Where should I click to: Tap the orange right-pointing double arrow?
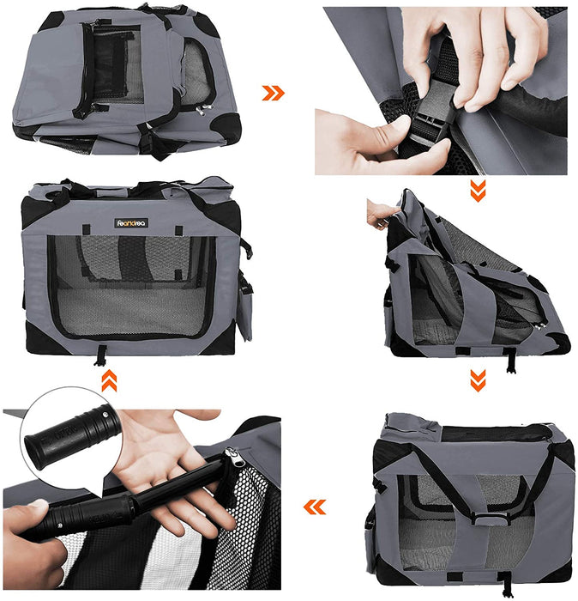coord(273,93)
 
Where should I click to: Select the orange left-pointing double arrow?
coord(315,507)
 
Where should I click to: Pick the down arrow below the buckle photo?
coord(478,191)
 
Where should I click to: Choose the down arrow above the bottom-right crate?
coord(478,379)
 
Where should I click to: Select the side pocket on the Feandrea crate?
coord(245,306)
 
